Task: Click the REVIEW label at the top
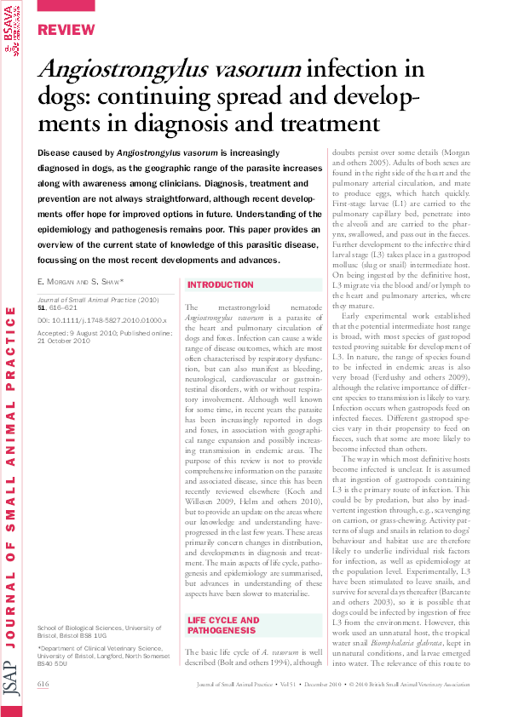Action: pyautogui.click(x=65, y=30)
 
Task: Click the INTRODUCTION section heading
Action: pyautogui.click(x=220, y=284)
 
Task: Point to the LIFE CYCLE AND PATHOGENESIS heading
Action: pyautogui.click(x=223, y=601)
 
